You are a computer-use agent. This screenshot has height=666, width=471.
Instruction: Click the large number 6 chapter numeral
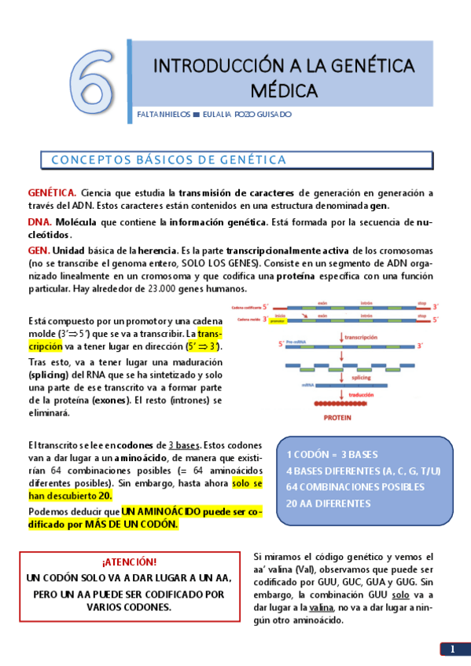[x=94, y=79]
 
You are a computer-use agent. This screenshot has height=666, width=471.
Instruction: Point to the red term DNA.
[x=40, y=222]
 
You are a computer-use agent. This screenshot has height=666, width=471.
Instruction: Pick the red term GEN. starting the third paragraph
[x=39, y=247]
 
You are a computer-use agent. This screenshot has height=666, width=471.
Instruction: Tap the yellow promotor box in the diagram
[x=276, y=321]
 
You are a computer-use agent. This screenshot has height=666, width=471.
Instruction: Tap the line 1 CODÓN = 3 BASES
[x=332, y=455]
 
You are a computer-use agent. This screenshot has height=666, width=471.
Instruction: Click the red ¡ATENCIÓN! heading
[x=129, y=562]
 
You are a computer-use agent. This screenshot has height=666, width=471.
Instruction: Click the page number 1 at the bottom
[x=453, y=649]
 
